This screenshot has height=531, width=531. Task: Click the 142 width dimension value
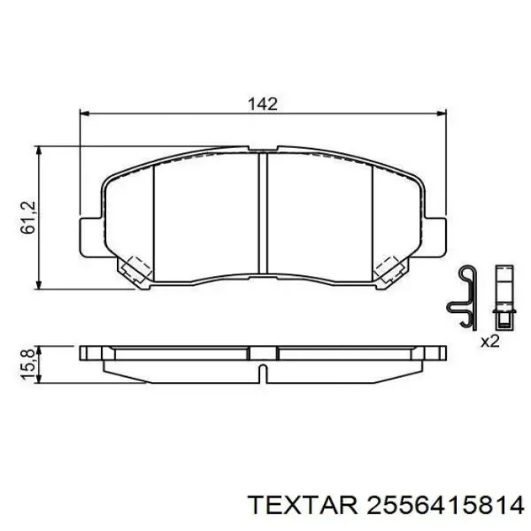(x=263, y=104)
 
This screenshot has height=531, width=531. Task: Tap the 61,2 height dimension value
(x=28, y=218)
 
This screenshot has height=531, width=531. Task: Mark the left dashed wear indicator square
(x=135, y=267)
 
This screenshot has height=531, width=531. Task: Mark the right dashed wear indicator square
(x=390, y=267)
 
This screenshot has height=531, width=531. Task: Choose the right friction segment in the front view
(x=319, y=217)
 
